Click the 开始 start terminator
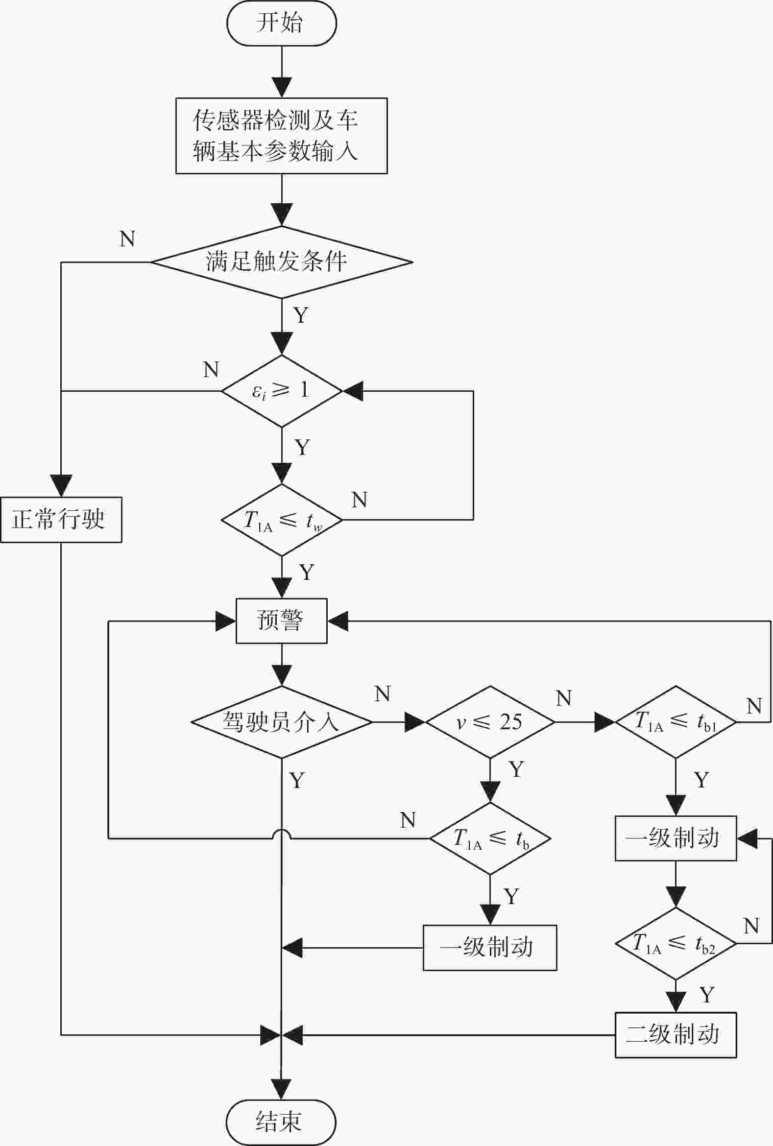coord(282,23)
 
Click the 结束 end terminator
coord(281,1122)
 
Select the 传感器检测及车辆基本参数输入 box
coord(282,136)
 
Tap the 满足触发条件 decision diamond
coord(282,262)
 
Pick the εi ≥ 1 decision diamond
coord(282,391)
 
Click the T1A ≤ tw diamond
coord(282,520)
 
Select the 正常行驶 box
coord(61,520)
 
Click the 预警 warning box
coord(282,621)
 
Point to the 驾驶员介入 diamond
coord(282,722)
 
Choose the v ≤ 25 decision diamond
coord(490,722)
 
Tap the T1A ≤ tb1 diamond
coord(676,722)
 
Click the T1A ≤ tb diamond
coord(490,838)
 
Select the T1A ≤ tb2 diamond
coord(676,943)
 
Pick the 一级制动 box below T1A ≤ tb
coord(490,947)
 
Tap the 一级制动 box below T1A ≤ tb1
coord(676,838)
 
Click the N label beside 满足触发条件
coord(127,239)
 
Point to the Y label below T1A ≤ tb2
coord(706,995)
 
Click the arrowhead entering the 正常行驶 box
coord(61,486)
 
